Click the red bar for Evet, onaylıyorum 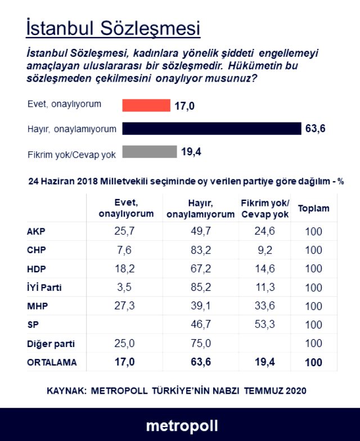146,105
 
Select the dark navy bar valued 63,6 211,129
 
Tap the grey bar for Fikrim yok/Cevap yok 150,152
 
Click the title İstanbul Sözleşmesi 113,27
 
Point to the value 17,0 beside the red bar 184,105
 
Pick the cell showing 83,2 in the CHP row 201,250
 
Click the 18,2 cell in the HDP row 125,269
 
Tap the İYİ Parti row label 44,287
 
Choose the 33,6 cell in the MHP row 264,306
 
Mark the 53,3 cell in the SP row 264,325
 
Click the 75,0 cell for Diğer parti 201,343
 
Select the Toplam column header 313,209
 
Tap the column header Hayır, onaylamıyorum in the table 201,209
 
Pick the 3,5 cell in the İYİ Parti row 125,287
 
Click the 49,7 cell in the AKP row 201,232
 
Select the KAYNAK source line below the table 176,390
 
